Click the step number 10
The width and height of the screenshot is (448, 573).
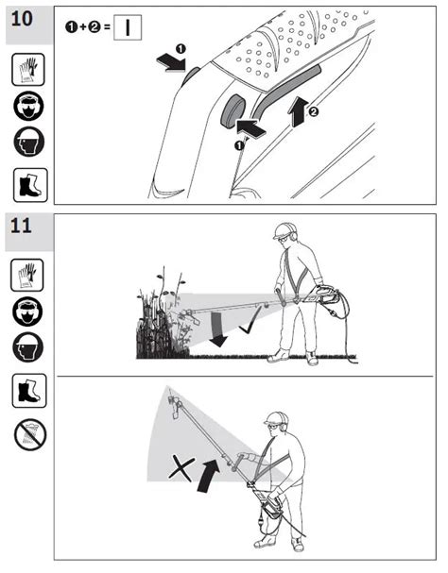pyautogui.click(x=22, y=19)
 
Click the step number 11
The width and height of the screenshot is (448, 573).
pyautogui.click(x=21, y=226)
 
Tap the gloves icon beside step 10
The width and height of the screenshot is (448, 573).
pyautogui.click(x=28, y=70)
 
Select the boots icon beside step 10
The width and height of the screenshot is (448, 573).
pyautogui.click(x=30, y=185)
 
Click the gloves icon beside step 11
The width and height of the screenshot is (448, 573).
pyautogui.click(x=27, y=275)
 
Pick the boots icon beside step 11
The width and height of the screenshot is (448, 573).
pyautogui.click(x=29, y=390)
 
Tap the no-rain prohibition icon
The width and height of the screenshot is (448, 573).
pyautogui.click(x=30, y=434)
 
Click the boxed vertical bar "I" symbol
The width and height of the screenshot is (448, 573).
pyautogui.click(x=128, y=27)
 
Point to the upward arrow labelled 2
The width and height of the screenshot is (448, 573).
pyautogui.click(x=300, y=111)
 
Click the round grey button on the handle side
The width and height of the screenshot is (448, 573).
pyautogui.click(x=233, y=111)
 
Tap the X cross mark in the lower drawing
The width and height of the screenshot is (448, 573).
pyautogui.click(x=181, y=469)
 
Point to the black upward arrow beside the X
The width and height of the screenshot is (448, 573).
pyautogui.click(x=209, y=476)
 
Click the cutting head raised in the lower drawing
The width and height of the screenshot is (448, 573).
pyautogui.click(x=175, y=407)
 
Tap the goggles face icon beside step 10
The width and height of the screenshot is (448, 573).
pyautogui.click(x=28, y=107)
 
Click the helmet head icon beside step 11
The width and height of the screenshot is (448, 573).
pyautogui.click(x=27, y=348)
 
